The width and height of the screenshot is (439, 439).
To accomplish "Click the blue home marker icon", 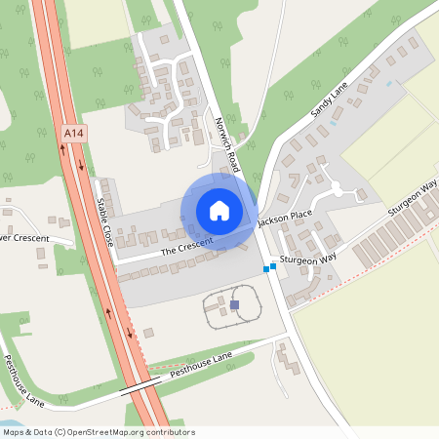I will coord(219,211).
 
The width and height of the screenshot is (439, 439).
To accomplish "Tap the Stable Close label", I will coord(104,221).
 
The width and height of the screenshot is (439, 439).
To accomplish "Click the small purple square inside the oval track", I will coord(235,305).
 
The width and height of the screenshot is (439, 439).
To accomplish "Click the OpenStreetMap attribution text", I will coord(99,432).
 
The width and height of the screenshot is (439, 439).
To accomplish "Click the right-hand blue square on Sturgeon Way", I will coord(273,265).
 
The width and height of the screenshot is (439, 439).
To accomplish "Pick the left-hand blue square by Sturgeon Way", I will coord(265,269).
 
